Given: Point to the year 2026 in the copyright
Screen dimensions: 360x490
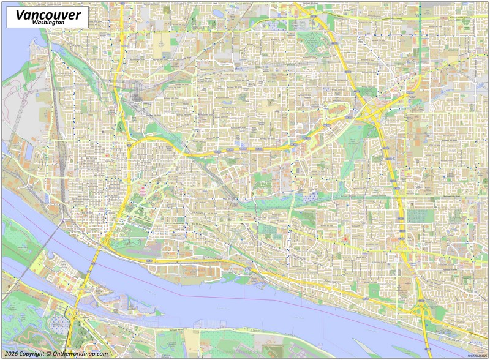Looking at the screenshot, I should click(x=10, y=354).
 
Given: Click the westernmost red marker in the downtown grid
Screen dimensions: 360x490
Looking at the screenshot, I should click(x=107, y=156).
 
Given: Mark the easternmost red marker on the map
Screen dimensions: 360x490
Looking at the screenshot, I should click(x=345, y=239).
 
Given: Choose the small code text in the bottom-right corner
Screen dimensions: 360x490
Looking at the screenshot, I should click(x=477, y=355).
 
